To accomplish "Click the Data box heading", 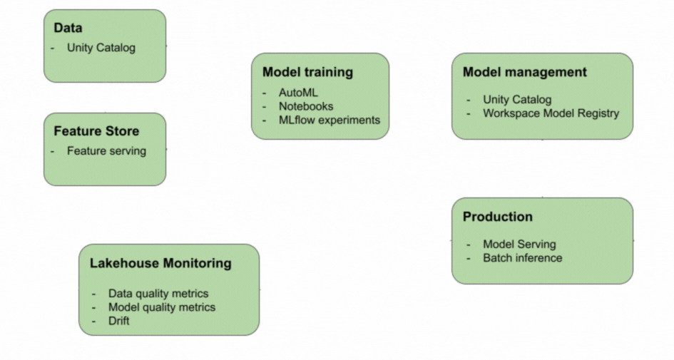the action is point(68,28).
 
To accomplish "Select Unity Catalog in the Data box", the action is point(101,48).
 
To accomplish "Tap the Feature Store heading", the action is point(96,131).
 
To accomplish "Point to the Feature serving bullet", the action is point(106,151).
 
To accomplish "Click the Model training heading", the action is point(308,72).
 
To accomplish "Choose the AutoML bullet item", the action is point(298,93).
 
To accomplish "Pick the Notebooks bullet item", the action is point(306,106).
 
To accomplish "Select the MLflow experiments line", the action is point(330,120).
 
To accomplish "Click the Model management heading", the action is point(525,72).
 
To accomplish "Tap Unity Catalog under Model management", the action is point(517,100).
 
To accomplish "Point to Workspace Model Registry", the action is point(551,113).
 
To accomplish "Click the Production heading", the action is point(498,217).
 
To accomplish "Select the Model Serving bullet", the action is point(519,244).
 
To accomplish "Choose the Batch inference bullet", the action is point(523,258).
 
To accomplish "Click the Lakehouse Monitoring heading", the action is point(160,263).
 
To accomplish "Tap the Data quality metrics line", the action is point(158,294).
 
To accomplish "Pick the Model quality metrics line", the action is point(162,307).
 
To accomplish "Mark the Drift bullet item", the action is point(118,321).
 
